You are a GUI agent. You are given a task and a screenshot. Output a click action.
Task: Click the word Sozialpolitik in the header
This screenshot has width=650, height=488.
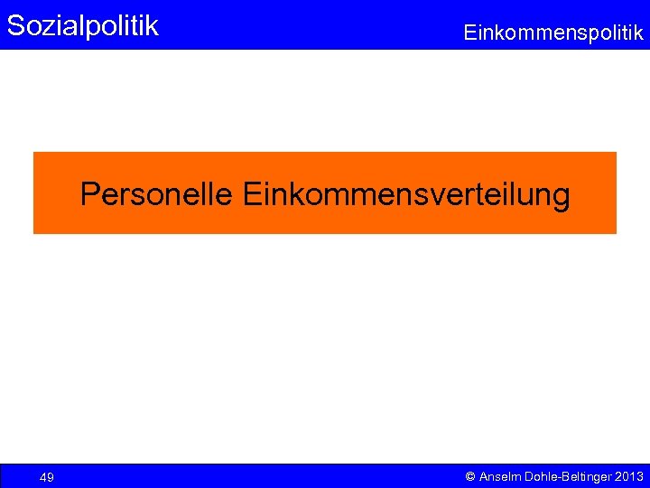(x=82, y=25)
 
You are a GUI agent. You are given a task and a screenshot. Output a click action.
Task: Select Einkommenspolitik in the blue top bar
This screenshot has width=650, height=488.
(x=553, y=33)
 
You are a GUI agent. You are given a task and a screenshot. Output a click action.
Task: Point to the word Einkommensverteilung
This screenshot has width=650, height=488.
(x=406, y=194)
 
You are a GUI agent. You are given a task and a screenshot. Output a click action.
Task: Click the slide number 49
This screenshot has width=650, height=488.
(x=47, y=477)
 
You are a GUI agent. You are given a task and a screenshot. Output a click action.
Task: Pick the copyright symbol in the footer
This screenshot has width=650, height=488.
(x=469, y=476)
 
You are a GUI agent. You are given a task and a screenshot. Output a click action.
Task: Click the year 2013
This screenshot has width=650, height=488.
(x=628, y=476)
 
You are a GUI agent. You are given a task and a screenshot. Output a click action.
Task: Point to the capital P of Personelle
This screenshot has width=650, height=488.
(x=88, y=194)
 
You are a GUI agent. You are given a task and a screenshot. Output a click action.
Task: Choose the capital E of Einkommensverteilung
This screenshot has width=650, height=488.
(x=251, y=194)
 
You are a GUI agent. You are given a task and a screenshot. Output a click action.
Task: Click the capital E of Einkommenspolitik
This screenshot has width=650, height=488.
(x=469, y=33)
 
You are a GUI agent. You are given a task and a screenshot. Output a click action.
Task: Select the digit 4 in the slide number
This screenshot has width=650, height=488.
(x=43, y=477)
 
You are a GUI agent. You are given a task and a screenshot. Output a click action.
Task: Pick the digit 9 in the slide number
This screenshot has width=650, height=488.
(x=51, y=477)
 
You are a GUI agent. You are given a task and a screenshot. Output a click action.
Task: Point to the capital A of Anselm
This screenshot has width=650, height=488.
(x=484, y=476)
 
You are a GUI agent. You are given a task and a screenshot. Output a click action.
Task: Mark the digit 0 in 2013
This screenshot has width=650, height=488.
(x=625, y=476)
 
